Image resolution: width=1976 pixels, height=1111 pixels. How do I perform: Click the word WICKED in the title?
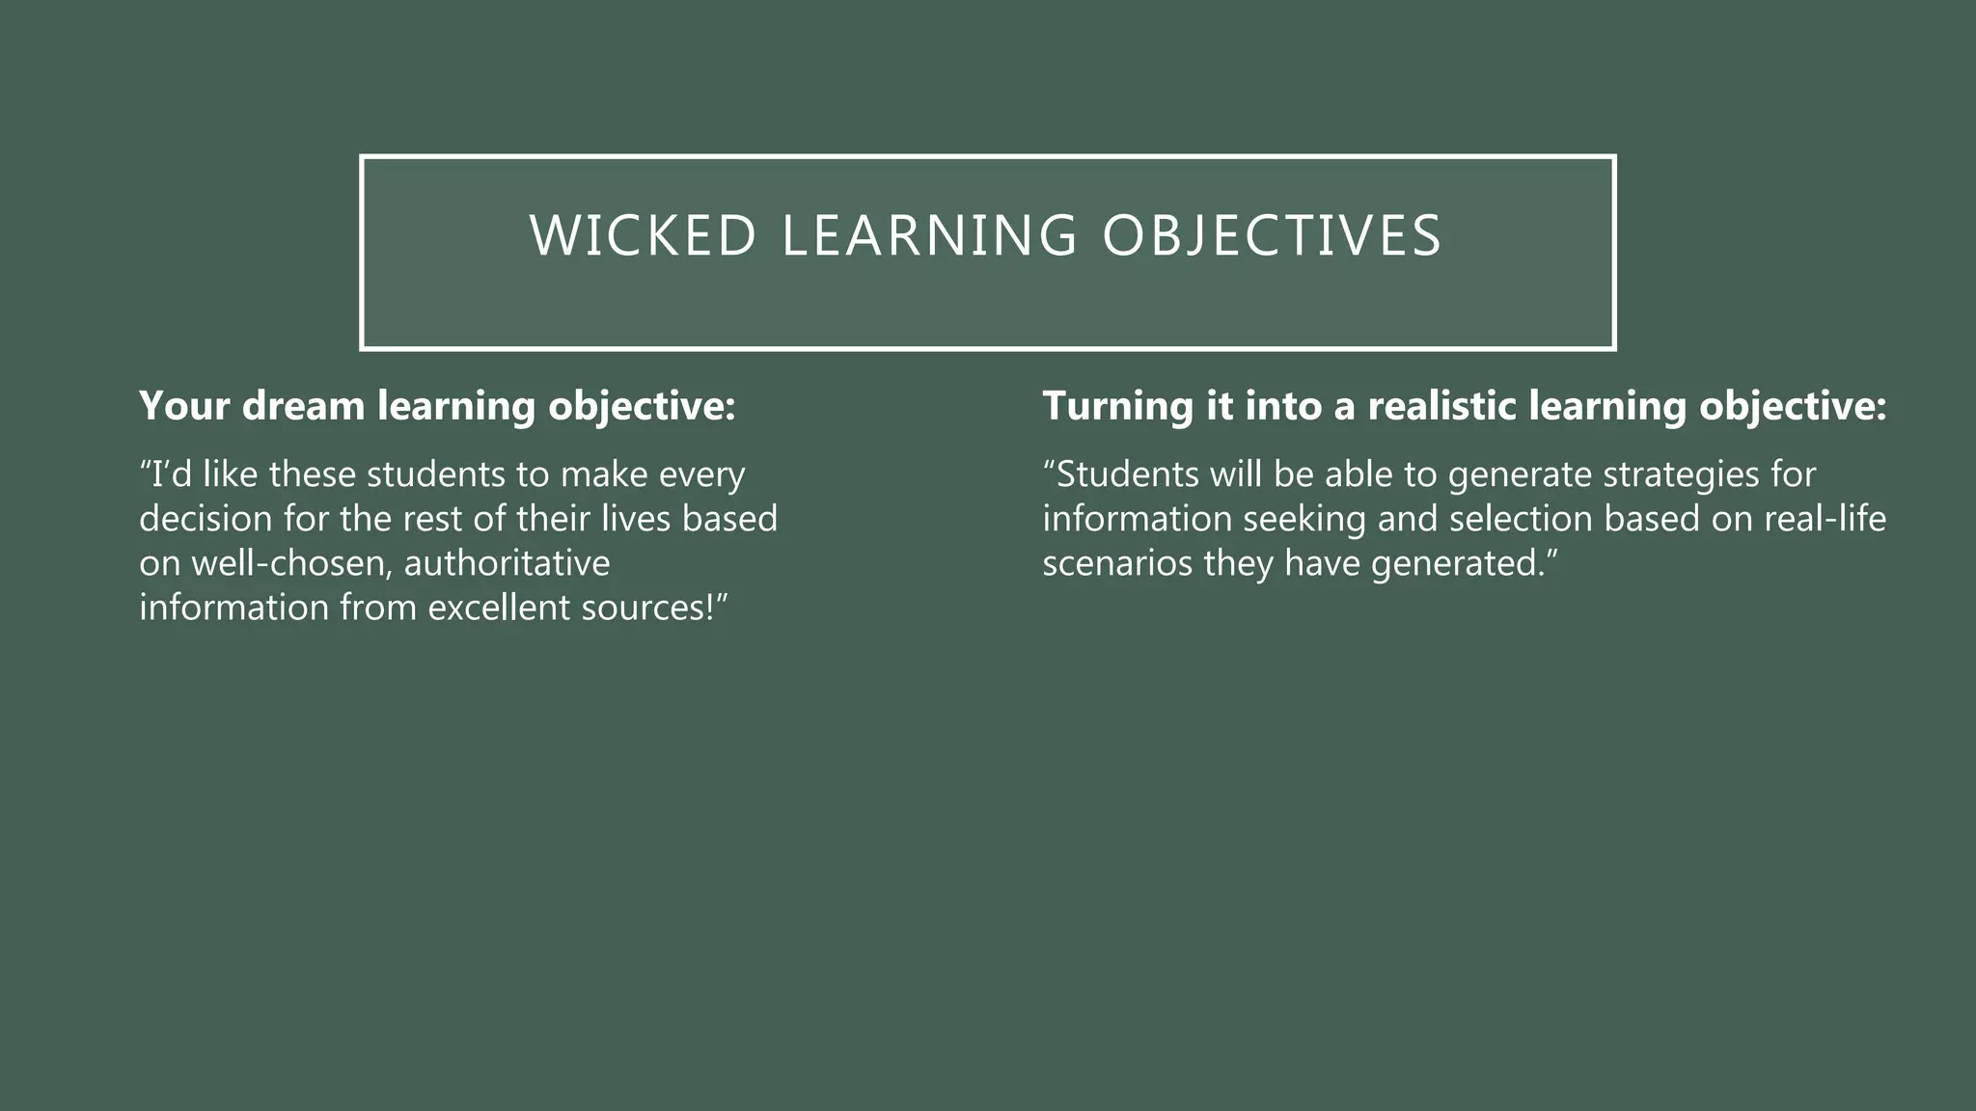click(x=643, y=236)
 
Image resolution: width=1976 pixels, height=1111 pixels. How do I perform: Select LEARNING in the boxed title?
click(x=929, y=236)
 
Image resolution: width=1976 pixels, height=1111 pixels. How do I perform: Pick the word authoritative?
click(x=507, y=563)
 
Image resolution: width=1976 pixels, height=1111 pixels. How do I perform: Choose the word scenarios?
click(x=1117, y=563)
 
